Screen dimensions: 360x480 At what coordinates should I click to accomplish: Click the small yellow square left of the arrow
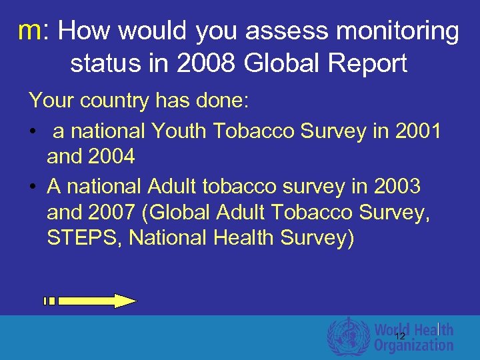pyautogui.click(x=49, y=301)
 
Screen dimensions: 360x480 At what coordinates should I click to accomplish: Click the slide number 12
pyautogui.click(x=400, y=337)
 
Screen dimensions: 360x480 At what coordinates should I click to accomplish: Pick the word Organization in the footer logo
pyautogui.click(x=413, y=345)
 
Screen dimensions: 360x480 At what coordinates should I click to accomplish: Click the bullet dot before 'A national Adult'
pyautogui.click(x=33, y=187)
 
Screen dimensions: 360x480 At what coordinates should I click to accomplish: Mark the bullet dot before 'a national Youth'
pyautogui.click(x=33, y=132)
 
